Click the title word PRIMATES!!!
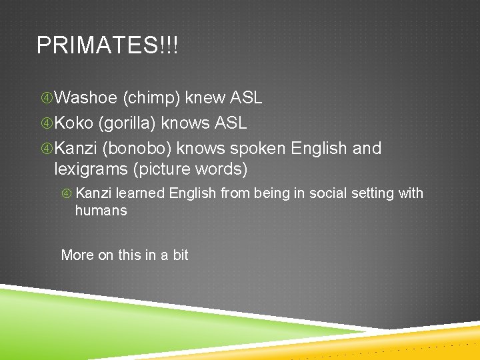107,45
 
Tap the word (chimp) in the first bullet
151,99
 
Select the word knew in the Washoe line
205,99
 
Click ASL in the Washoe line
246,99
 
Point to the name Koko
74,123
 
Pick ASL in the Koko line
231,123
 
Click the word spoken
259,148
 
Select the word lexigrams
91,170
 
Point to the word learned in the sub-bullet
141,193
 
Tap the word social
319,193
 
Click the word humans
101,211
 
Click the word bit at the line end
180,255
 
